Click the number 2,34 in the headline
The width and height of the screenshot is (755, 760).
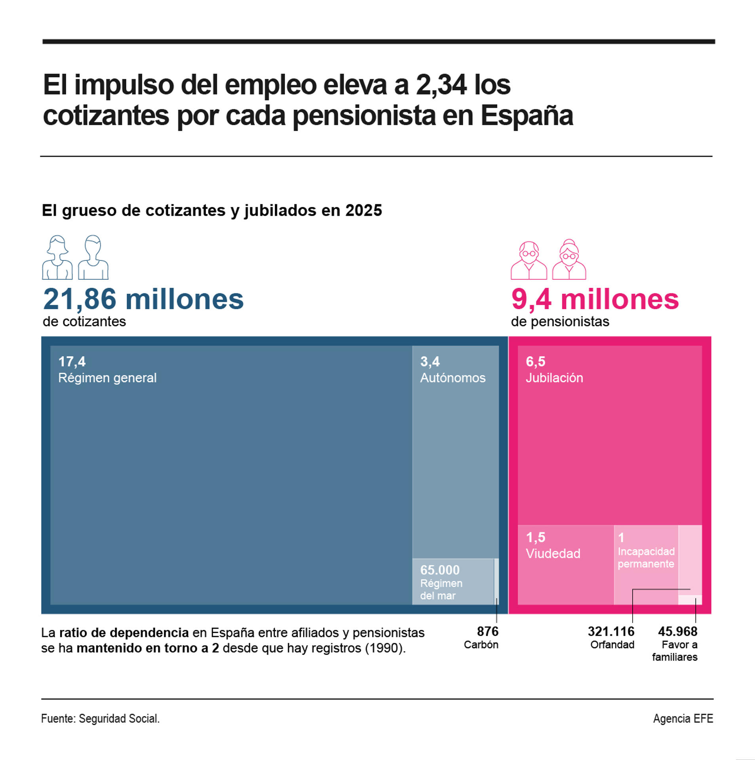tap(440, 85)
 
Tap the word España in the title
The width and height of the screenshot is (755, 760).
tap(526, 116)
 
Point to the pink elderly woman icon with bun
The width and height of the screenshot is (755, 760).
tap(569, 260)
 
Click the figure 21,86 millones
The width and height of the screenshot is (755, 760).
tap(143, 299)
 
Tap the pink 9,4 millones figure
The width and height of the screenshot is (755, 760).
tap(594, 299)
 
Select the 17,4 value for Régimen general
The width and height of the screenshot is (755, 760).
tap(72, 361)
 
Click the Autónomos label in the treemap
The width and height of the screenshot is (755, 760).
tap(452, 378)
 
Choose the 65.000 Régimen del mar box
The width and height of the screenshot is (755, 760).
tap(452, 581)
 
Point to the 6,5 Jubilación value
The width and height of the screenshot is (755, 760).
tap(535, 361)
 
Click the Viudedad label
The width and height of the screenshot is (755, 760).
tap(552, 553)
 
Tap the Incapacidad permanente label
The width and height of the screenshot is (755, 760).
tap(645, 557)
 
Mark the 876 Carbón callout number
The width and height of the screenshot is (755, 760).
tap(487, 631)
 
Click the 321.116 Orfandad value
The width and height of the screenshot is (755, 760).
tap(610, 631)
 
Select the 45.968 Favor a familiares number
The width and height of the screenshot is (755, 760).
tap(677, 631)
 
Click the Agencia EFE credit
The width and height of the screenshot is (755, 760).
tap(683, 718)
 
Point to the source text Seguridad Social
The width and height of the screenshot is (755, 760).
tap(118, 718)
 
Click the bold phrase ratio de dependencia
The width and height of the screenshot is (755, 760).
tap(124, 633)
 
